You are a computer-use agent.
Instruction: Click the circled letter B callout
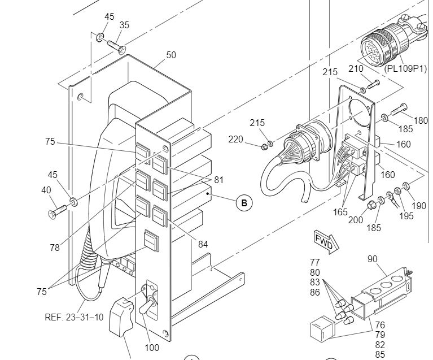point(244,203)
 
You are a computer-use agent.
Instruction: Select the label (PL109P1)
point(405,68)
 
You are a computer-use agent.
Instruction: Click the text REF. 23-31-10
point(74,317)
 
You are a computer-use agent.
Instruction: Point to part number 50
point(171,55)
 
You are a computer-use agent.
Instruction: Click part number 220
point(235,140)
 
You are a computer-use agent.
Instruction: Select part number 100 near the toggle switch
point(152,348)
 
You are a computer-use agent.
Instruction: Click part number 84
point(203,244)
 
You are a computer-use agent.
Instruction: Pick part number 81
point(218,180)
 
